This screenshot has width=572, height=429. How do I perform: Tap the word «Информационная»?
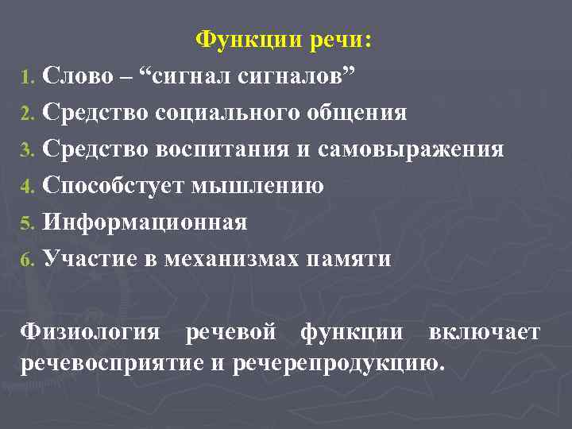(x=145, y=222)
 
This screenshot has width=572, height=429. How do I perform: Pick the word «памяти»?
(x=352, y=258)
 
